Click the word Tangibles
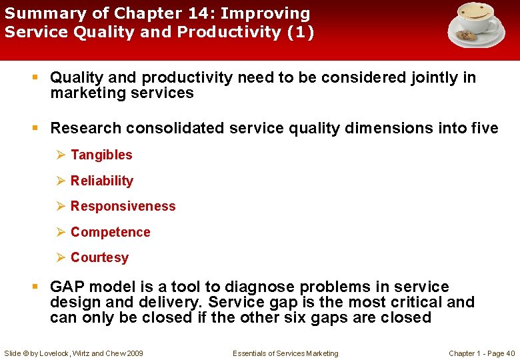(x=101, y=155)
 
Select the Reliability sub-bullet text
(x=101, y=181)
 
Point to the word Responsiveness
(x=123, y=206)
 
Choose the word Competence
(x=110, y=232)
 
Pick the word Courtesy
(x=99, y=257)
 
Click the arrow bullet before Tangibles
(x=61, y=155)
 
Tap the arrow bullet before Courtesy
(x=61, y=257)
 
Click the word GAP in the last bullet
(x=67, y=287)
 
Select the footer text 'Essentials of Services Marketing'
(x=285, y=353)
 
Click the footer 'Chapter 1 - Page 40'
(x=481, y=353)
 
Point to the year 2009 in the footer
(x=133, y=353)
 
